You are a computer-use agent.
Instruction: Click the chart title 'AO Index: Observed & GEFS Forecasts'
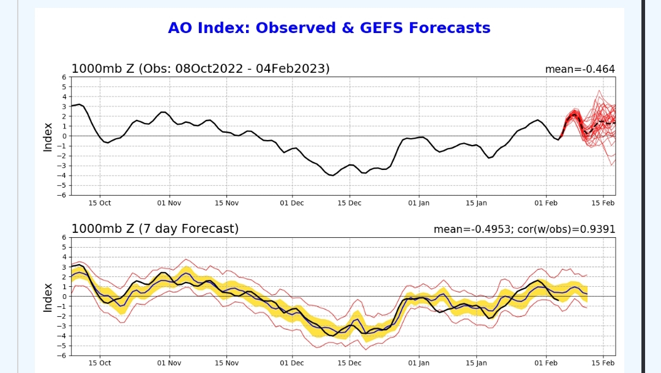(x=329, y=28)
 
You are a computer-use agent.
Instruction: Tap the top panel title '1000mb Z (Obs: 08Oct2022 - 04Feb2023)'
(x=201, y=68)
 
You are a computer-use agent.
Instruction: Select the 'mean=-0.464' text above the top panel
(x=580, y=69)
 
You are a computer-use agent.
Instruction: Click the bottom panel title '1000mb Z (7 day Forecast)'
(x=155, y=229)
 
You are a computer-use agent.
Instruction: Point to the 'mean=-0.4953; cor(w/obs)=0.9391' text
(x=524, y=229)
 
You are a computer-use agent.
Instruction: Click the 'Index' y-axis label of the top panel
(x=48, y=136)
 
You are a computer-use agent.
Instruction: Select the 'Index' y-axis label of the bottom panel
(x=48, y=297)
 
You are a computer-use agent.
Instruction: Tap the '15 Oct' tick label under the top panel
(x=100, y=203)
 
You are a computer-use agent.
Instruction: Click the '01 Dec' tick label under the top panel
(x=291, y=203)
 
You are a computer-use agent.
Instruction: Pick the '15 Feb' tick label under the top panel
(x=603, y=203)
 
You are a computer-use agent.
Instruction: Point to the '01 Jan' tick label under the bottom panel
(x=419, y=363)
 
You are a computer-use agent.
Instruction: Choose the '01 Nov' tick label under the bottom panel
(x=169, y=363)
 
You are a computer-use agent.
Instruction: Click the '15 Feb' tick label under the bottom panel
(x=603, y=363)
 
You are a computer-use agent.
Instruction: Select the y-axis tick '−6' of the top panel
(x=62, y=195)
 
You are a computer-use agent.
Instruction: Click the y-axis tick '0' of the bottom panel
(x=64, y=297)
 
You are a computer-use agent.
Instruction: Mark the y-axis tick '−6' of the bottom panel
(x=62, y=355)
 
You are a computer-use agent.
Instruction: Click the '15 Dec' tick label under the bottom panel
(x=349, y=363)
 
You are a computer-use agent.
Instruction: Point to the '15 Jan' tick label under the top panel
(x=476, y=203)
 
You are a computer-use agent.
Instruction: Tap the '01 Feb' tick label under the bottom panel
(x=545, y=363)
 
